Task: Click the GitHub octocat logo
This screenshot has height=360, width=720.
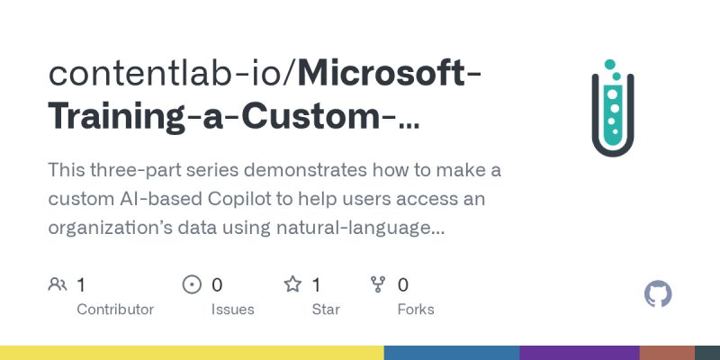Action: (659, 294)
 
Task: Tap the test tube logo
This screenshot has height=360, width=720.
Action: (612, 109)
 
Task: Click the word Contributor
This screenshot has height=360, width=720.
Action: (115, 310)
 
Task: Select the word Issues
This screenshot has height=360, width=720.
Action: (232, 310)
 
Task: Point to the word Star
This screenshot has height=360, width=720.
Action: (325, 310)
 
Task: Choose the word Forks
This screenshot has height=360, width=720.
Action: (416, 310)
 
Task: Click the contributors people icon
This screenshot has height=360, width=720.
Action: (58, 285)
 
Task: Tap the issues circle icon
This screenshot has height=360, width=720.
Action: (192, 285)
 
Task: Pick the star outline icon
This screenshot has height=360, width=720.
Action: (292, 285)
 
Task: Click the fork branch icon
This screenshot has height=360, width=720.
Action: (379, 285)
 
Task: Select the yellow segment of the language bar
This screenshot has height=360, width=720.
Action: (192, 352)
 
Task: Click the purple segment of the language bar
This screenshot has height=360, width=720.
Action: (579, 352)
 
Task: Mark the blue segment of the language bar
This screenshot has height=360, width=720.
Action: (452, 352)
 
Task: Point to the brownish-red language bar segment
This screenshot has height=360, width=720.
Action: (667, 352)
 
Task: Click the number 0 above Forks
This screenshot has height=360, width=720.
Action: (403, 285)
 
